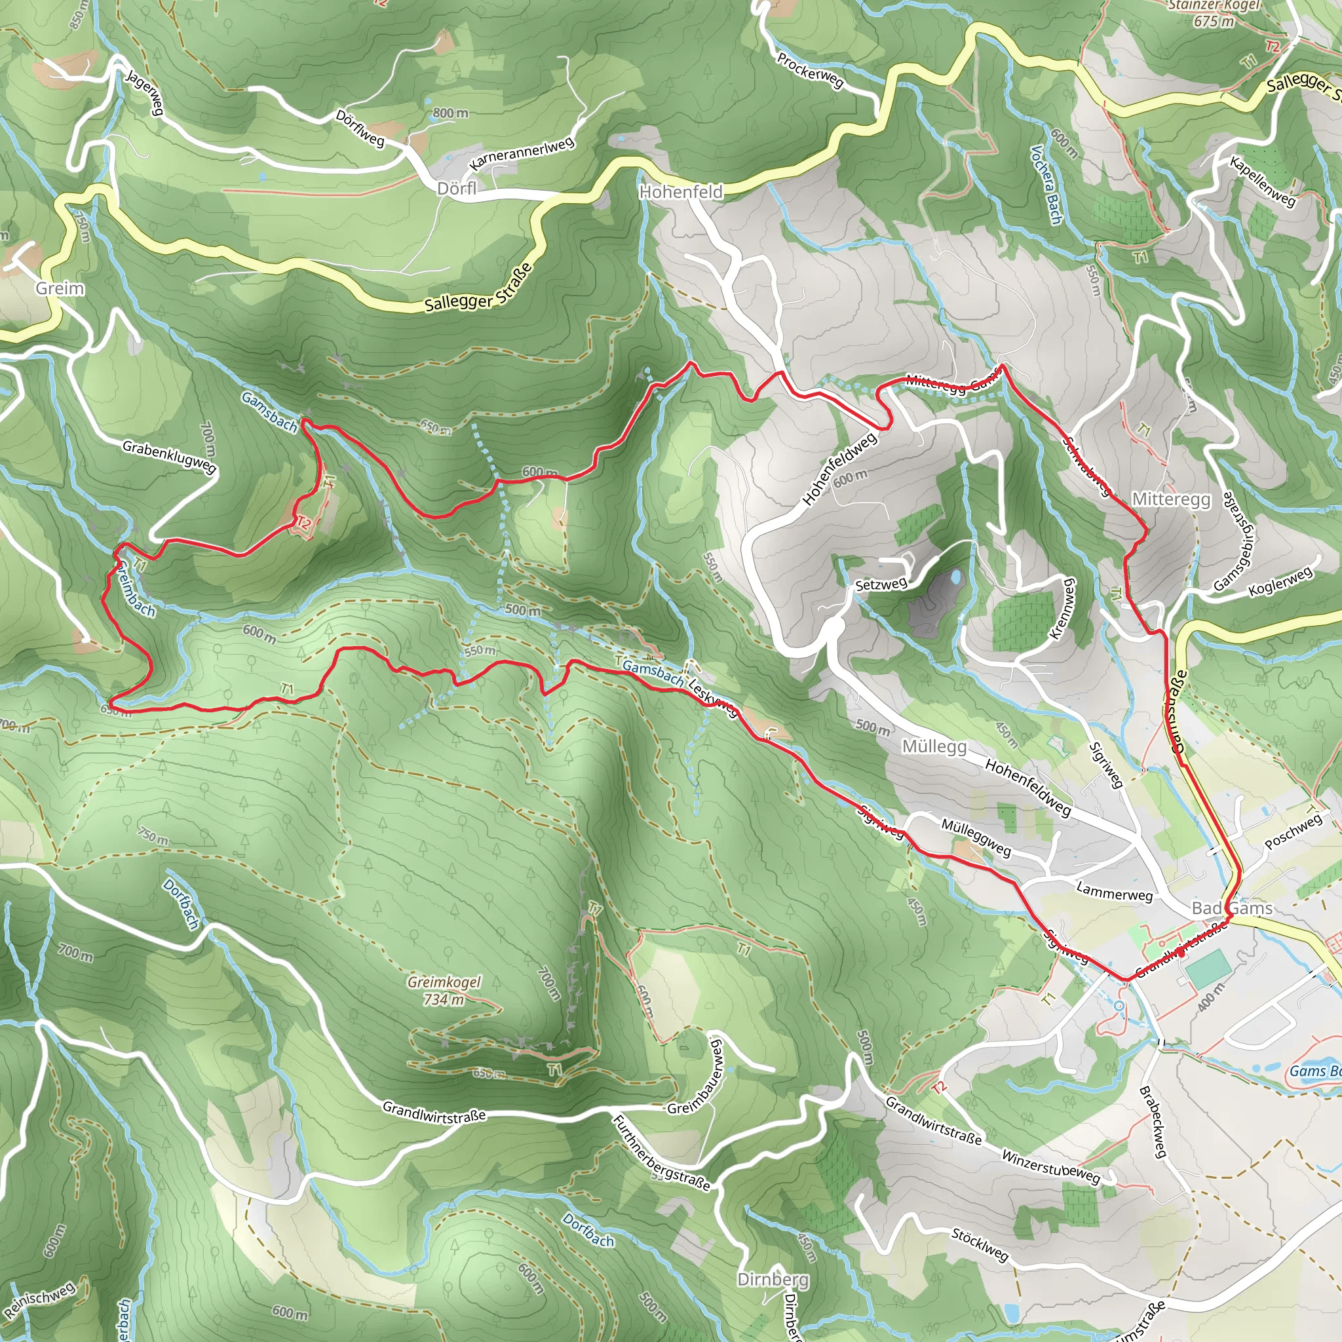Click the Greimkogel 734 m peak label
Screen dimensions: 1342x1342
(444, 991)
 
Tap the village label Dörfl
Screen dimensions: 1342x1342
(457, 189)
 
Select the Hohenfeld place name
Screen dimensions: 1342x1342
(681, 192)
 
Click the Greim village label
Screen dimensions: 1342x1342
(60, 288)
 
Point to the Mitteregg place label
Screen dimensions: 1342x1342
(1171, 499)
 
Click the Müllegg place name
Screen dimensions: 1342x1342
(934, 747)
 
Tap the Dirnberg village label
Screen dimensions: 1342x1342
(773, 1280)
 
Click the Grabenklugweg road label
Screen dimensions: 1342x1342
(170, 456)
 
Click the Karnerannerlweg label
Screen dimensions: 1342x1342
(522, 153)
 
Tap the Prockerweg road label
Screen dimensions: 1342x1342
(810, 71)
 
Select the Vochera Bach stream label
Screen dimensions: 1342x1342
(1046, 185)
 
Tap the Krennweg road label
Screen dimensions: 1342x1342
(1063, 609)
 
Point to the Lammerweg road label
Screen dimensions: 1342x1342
(1114, 892)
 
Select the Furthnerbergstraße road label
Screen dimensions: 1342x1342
(661, 1153)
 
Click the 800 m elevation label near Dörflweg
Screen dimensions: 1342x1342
(450, 113)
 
